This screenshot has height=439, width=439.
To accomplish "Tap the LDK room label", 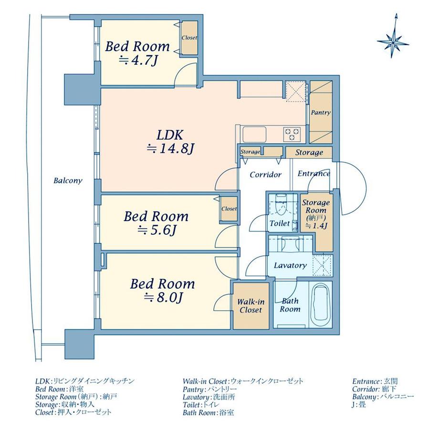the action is coord(170,135).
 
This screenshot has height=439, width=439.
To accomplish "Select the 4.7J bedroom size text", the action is coord(137,61).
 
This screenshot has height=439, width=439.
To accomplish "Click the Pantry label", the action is coord(321,113).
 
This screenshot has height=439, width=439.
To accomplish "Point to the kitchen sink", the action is coord(254,135).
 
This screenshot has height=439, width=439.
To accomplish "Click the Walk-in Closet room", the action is coord(251,306).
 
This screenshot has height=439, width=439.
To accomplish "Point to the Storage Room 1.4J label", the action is coord(316,214).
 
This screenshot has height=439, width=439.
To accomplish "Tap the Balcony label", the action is coord(68,180).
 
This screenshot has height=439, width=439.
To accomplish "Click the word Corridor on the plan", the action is coord(265,175).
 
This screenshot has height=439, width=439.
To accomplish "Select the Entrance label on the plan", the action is coord(314,174).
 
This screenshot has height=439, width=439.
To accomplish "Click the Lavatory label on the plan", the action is coord(290,265).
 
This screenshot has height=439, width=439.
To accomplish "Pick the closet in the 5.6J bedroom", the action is coord(229,209).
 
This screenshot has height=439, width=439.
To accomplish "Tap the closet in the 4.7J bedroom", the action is coord(189,38).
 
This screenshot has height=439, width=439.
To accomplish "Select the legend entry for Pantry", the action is coord(209,389).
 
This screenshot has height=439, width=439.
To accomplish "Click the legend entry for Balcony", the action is coord(383,397).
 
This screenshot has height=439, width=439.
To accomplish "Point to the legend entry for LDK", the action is coord(85,381).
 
